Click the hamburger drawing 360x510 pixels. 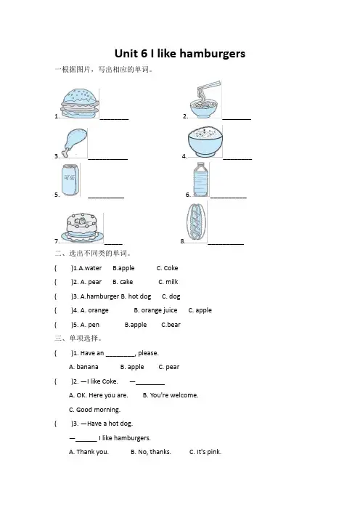[80, 103]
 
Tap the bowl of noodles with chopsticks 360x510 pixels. [205, 100]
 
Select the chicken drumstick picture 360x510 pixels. [75, 143]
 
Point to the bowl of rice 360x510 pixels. [205, 142]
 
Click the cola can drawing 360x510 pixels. [70, 180]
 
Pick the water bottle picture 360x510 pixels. [201, 179]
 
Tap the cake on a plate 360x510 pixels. [82, 227]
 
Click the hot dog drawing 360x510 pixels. [196, 222]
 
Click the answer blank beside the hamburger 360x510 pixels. [114, 119]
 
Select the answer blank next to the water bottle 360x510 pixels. [229, 197]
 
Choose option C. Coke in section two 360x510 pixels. [167, 268]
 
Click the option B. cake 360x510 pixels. [123, 282]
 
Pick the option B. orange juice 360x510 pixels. [155, 310]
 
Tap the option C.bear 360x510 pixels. [171, 325]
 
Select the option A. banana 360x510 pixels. [83, 367]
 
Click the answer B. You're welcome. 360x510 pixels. [171, 395]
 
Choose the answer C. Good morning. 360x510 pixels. [94, 410]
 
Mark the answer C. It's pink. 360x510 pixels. [205, 452]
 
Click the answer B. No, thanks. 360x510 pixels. [151, 452]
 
